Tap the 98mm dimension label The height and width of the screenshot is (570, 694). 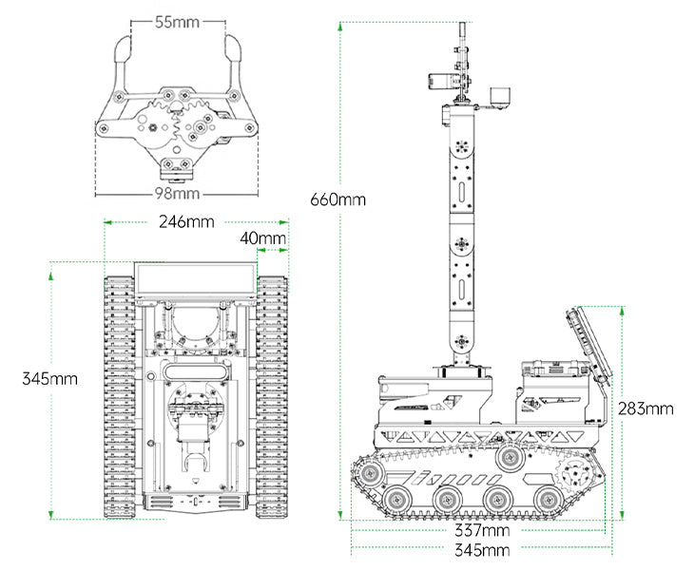177,194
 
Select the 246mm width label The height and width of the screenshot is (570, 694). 186,222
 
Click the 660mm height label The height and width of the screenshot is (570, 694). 337,199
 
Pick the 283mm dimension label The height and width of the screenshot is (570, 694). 646,408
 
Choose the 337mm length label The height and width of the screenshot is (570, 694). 481,529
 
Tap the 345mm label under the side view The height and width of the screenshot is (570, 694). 481,550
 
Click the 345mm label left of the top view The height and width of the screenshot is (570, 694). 50,378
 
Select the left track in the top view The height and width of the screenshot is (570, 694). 120,397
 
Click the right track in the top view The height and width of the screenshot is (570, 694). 272,397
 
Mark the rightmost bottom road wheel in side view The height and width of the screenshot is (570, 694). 545,497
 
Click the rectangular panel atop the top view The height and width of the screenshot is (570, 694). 196,278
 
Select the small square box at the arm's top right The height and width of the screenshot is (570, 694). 499,98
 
